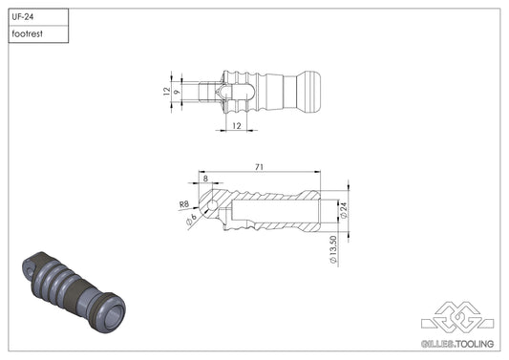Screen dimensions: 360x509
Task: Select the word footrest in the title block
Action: pyautogui.click(x=26, y=34)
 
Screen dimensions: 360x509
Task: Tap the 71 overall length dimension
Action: pyautogui.click(x=259, y=167)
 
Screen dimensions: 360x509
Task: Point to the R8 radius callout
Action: pyautogui.click(x=183, y=203)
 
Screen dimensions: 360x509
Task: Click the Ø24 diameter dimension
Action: pyautogui.click(x=343, y=209)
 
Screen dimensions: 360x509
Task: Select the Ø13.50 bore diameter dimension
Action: pyautogui.click(x=331, y=247)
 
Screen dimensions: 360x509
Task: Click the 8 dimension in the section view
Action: pyautogui.click(x=205, y=179)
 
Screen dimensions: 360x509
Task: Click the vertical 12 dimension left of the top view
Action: pyautogui.click(x=165, y=92)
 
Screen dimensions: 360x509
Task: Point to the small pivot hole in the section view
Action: pyautogui.click(x=210, y=205)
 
